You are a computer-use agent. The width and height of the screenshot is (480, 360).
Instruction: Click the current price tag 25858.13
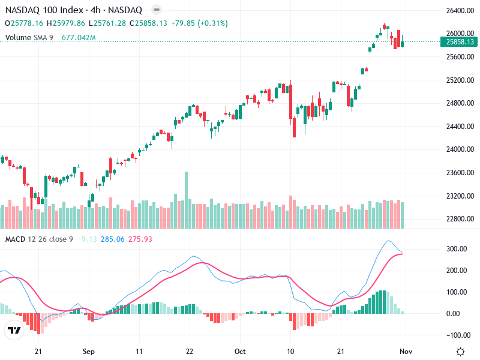click(x=461, y=42)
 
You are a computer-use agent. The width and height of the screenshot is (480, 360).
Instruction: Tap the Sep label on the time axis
click(x=89, y=352)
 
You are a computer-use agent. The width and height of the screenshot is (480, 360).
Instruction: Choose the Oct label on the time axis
click(x=240, y=352)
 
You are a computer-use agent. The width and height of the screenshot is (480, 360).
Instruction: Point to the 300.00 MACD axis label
click(x=457, y=249)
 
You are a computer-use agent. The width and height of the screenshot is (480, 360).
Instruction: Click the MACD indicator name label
click(x=14, y=239)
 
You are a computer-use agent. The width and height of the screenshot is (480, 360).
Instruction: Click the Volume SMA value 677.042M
click(x=79, y=38)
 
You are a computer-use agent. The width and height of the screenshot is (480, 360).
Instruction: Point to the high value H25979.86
click(x=68, y=23)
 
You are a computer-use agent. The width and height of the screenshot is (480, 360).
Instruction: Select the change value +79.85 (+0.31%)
click(x=199, y=23)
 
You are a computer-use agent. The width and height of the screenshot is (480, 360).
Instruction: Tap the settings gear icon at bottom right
click(x=460, y=352)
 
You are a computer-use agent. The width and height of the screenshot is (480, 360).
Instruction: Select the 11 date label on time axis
click(x=139, y=352)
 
